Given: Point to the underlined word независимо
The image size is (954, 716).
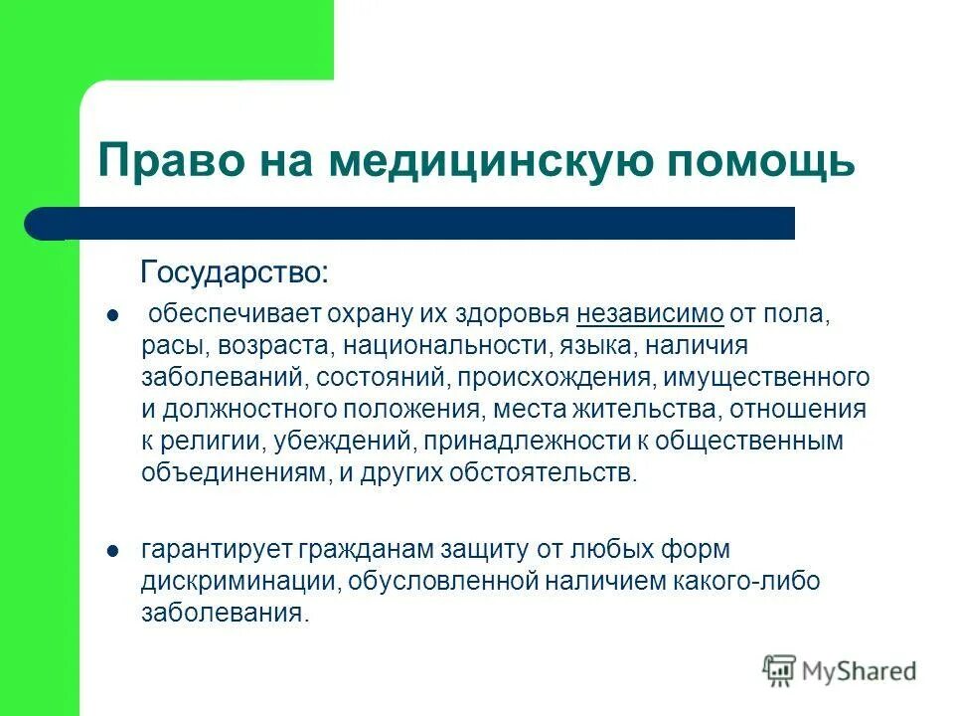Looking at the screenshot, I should pos(649,315).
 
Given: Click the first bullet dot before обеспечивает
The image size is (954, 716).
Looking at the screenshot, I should pos(111,316).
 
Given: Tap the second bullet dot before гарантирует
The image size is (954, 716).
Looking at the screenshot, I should pos(111,549).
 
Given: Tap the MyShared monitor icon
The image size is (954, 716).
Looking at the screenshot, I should pos(780,670).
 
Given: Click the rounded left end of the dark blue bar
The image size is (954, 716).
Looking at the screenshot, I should pos(40,224).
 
